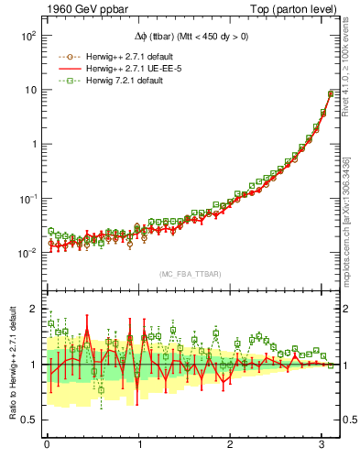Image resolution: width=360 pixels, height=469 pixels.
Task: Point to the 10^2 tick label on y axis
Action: coord(27,36)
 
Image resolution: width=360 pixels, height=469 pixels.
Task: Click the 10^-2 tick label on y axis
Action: coord(27,252)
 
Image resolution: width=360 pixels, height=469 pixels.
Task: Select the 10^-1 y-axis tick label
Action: coord(27,198)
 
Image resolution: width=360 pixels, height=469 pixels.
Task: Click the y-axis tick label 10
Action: coord(29,90)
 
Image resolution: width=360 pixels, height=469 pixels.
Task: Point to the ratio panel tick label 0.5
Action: coord(30,420)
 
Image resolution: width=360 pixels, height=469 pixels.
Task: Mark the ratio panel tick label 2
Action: coord(34,309)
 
